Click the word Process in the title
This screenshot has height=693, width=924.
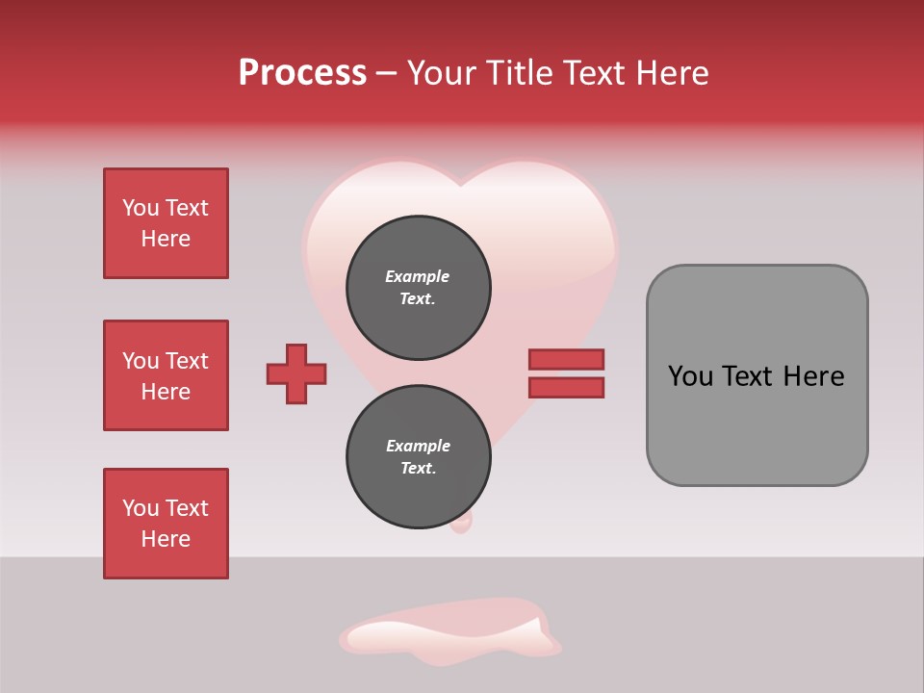point(302,73)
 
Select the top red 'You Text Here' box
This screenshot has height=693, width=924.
point(166,223)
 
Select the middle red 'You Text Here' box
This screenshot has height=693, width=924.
point(166,375)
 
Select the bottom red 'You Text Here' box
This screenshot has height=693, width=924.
point(166,524)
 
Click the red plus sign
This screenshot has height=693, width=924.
point(296,373)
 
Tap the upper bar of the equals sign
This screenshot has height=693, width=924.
point(566,359)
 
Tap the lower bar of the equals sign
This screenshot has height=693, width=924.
point(566,388)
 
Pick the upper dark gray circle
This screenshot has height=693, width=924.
point(418,287)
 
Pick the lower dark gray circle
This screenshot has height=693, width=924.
point(418,456)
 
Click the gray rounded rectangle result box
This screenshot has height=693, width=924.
point(757,375)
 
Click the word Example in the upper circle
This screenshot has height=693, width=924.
point(418,276)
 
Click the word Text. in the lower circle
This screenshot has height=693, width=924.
point(418,469)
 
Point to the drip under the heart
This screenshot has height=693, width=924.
point(462,522)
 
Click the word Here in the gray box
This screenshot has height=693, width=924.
point(813,376)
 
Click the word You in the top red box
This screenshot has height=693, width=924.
point(141,208)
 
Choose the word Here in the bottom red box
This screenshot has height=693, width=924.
point(166,539)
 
